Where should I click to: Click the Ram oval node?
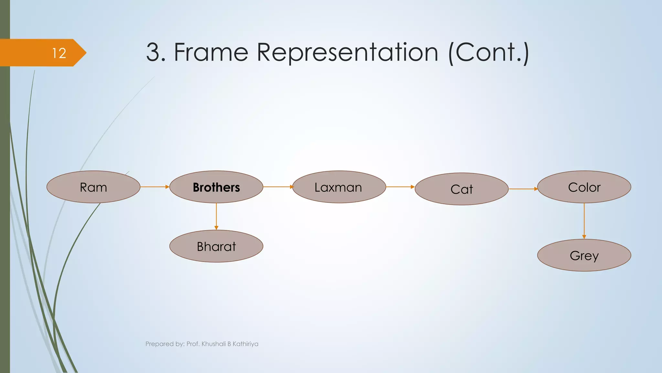[x=93, y=187]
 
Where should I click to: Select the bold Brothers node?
[x=216, y=187]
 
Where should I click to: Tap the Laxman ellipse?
[x=339, y=187]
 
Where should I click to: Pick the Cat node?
[x=462, y=189]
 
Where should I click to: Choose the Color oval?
[x=584, y=187]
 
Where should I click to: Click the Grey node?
[x=584, y=255]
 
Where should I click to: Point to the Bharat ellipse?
[x=216, y=246]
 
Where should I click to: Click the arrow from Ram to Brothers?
[x=155, y=187]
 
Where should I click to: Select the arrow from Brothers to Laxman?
[x=278, y=187]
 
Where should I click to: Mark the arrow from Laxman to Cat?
[x=400, y=187]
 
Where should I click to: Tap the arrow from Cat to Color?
[x=523, y=189]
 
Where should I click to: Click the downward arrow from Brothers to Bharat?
[x=216, y=216]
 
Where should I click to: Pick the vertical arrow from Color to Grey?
[x=584, y=221]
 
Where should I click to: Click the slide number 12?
[x=59, y=53]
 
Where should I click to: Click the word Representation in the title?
[x=347, y=53]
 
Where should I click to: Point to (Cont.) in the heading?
[x=489, y=53]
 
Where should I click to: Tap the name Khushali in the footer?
[x=214, y=344]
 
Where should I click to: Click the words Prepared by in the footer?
[x=164, y=344]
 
